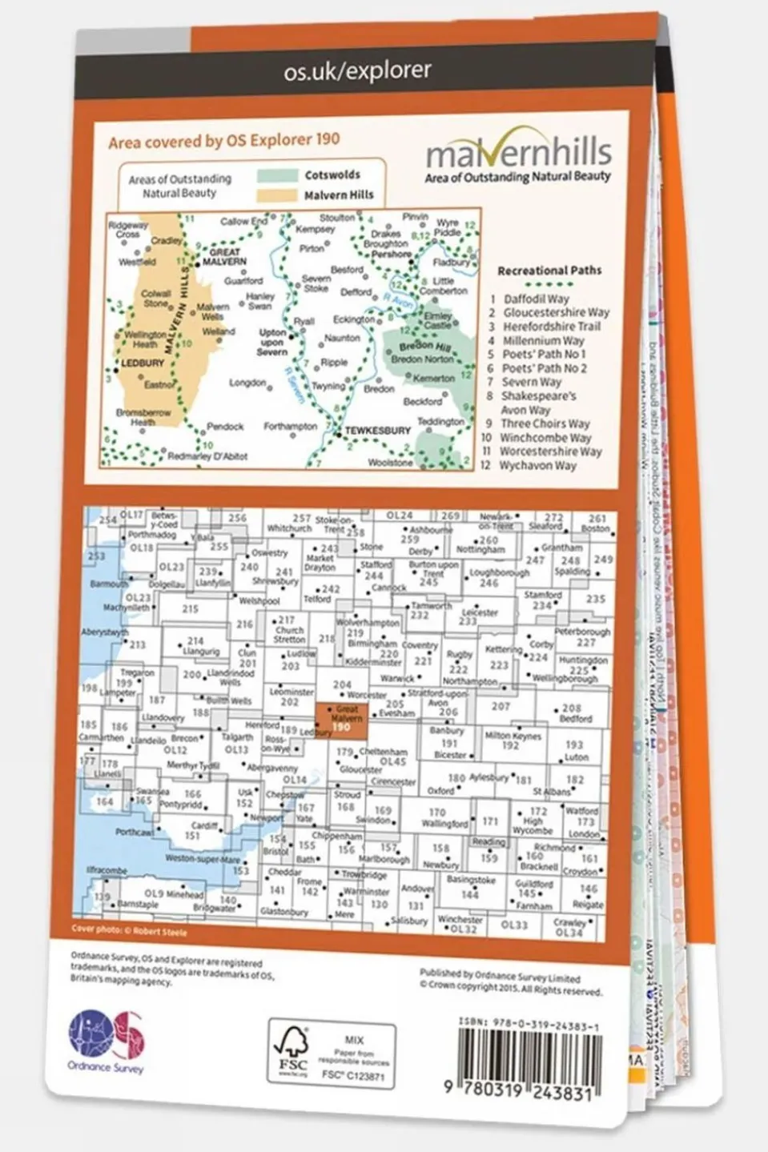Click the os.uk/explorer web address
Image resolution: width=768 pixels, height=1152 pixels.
(x=357, y=72)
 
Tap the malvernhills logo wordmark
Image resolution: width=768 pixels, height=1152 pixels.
(x=518, y=152)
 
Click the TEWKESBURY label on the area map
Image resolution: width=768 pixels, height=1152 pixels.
(x=377, y=431)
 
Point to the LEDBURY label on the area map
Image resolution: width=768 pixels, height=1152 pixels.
(x=143, y=363)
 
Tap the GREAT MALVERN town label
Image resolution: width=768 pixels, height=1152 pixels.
(x=224, y=257)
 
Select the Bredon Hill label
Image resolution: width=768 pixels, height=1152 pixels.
(x=423, y=346)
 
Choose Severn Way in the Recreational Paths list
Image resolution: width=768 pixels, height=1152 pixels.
(x=532, y=382)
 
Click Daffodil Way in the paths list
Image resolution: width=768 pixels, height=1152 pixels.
(x=536, y=299)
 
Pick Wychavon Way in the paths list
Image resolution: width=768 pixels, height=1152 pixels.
(x=537, y=465)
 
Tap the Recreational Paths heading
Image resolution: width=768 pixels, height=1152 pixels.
(x=549, y=271)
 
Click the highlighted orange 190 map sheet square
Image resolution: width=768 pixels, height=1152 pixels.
(x=342, y=718)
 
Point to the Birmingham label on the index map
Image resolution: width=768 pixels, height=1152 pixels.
(x=372, y=644)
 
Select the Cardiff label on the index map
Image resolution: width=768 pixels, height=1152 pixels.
(x=204, y=825)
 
